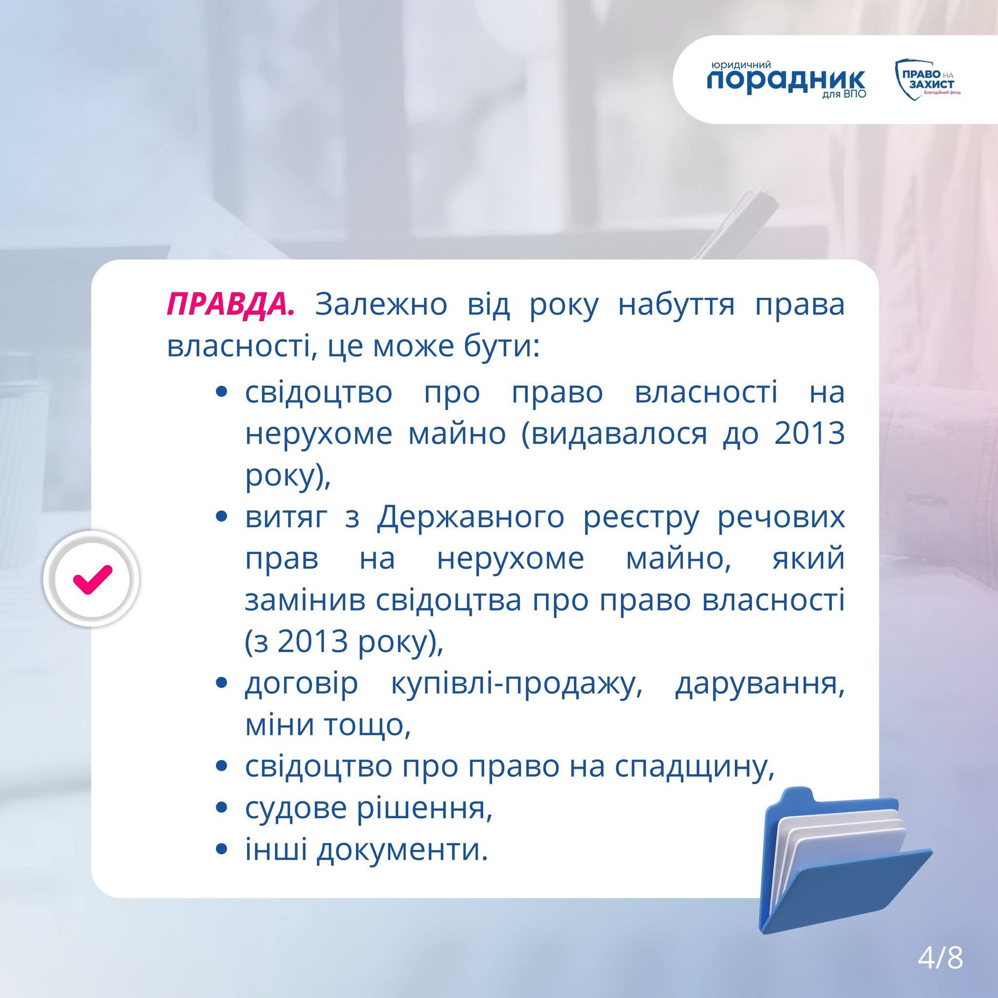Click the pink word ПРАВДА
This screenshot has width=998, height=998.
pyautogui.click(x=230, y=305)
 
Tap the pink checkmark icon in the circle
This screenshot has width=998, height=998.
pyautogui.click(x=92, y=578)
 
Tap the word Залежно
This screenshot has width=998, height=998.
pyautogui.click(x=381, y=305)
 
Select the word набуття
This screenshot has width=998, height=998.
pyautogui.click(x=676, y=305)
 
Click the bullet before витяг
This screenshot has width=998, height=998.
pyautogui.click(x=222, y=518)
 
